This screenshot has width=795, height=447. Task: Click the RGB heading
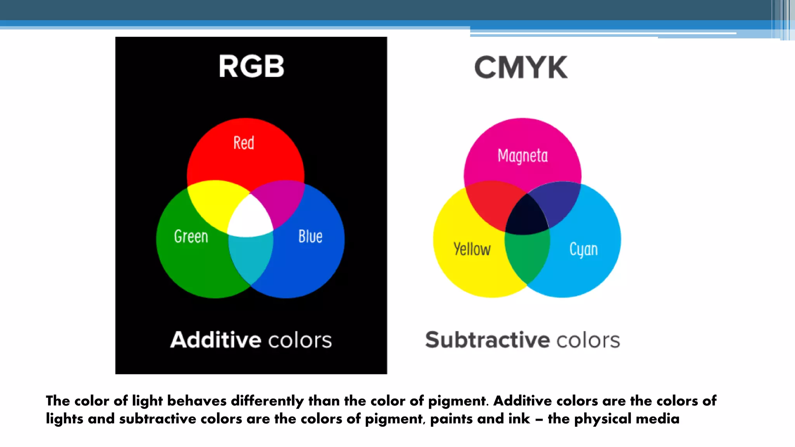click(x=251, y=66)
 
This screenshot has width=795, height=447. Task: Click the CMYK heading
click(x=521, y=68)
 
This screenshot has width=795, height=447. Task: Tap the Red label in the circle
click(x=244, y=143)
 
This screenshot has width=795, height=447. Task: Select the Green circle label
click(x=191, y=236)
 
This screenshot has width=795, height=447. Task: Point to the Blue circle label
click(x=310, y=236)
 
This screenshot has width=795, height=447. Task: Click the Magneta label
click(x=522, y=156)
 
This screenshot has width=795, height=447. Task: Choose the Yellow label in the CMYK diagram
click(x=472, y=249)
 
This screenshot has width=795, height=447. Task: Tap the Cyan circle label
click(x=583, y=249)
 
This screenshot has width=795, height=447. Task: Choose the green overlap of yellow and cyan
click(x=527, y=256)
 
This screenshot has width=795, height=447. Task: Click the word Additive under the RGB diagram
click(x=216, y=340)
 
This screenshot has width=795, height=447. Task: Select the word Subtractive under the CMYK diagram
click(x=488, y=340)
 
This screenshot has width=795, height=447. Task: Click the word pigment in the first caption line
click(x=457, y=401)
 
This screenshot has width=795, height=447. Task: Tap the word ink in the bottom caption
click(x=519, y=419)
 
